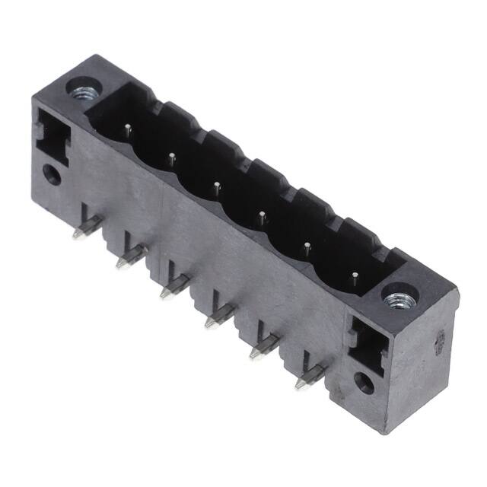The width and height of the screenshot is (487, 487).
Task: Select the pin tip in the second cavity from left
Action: tap(173, 158)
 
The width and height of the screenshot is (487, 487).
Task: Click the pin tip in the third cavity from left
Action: tap(216, 186)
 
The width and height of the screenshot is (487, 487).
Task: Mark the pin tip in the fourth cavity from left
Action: tap(261, 214)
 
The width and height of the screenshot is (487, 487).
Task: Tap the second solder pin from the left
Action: tap(128, 256)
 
